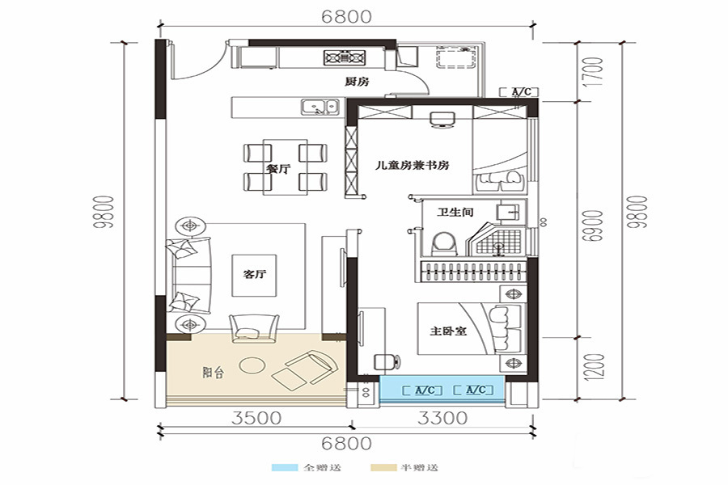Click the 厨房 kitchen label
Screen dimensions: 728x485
(x=357, y=82)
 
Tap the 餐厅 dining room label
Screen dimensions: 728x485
(x=278, y=169)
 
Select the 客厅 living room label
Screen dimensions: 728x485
(x=255, y=274)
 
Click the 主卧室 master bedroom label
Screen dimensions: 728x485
(x=448, y=331)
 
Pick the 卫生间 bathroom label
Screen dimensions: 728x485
(x=455, y=213)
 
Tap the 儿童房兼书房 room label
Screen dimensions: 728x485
(x=413, y=165)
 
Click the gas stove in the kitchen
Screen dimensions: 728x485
(x=344, y=57)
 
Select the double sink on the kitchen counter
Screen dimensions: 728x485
(x=319, y=107)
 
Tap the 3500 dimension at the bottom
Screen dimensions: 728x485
(x=256, y=418)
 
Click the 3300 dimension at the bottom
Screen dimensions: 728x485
(x=442, y=418)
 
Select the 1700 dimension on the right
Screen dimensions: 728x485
(x=595, y=71)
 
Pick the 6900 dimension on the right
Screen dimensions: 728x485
(x=595, y=226)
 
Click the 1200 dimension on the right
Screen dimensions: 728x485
(x=595, y=367)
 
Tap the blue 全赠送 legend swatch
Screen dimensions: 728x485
(x=284, y=467)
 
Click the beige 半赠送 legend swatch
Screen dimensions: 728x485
(x=383, y=467)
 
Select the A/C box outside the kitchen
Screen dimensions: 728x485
(x=519, y=92)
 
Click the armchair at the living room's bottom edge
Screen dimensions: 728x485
(x=255, y=328)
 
